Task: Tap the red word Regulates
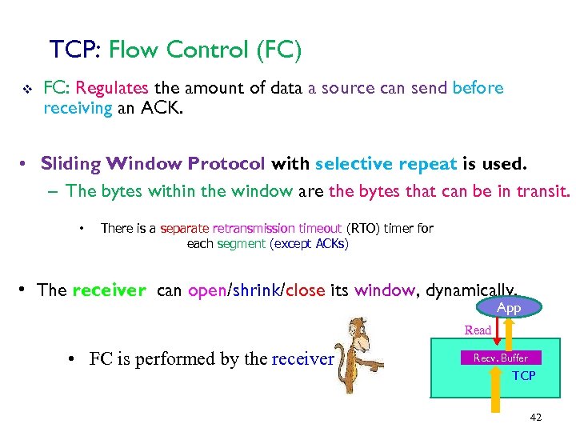pos(112,88)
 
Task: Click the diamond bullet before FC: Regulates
pos(26,90)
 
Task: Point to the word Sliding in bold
pos(70,164)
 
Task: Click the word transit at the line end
pos(544,191)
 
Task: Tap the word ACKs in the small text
pos(330,243)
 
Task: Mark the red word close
pos(305,290)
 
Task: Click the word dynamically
pos(470,290)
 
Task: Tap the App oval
pos(508,308)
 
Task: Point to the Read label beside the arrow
pos(478,330)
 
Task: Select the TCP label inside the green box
pos(523,375)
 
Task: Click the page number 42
pos(535,418)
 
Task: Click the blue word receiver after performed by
pos(302,358)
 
